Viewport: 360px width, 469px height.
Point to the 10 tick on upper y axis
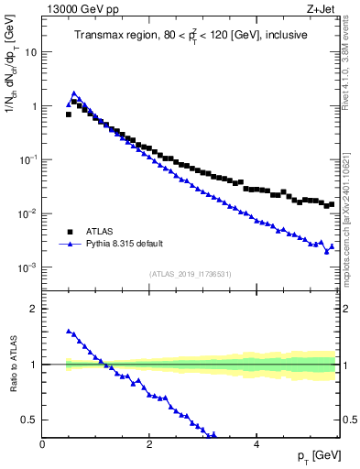[x=32, y=52]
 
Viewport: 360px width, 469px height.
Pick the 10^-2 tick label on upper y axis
[x=29, y=214]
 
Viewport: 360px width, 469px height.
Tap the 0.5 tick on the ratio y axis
[x=31, y=420]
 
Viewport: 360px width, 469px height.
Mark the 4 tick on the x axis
[x=256, y=442]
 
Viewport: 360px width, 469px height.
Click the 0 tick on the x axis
[x=42, y=442]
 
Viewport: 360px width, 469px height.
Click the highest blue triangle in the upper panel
[x=73, y=93]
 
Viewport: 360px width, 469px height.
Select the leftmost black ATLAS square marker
[x=68, y=115]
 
